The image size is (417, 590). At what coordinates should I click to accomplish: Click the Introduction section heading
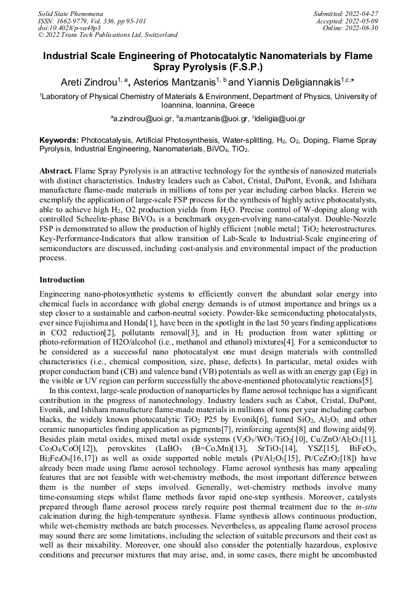pos(62,280)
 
